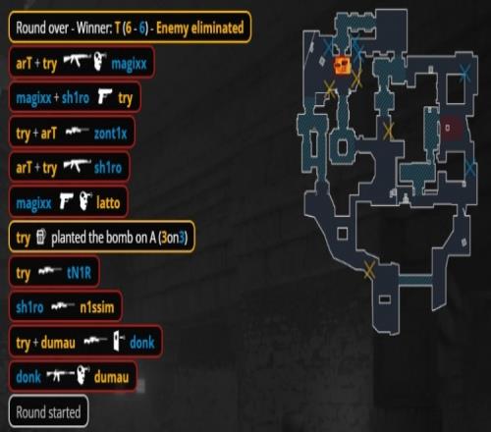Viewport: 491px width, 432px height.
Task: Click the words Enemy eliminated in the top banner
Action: [x=200, y=27]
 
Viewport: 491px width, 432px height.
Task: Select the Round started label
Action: [x=48, y=412]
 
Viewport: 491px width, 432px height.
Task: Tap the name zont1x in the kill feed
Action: [x=111, y=134]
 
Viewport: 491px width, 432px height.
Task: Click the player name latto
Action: [x=108, y=203]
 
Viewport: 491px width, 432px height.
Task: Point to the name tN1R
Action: [x=79, y=272]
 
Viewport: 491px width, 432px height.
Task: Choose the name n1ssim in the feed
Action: [x=97, y=307]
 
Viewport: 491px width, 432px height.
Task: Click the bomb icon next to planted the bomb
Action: [x=40, y=237]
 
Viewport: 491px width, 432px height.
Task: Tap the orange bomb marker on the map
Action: [x=343, y=65]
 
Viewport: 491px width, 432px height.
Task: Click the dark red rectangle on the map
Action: [x=452, y=128]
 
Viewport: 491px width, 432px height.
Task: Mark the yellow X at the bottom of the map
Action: [x=369, y=270]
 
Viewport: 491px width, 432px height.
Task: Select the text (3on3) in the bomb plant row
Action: [x=173, y=238]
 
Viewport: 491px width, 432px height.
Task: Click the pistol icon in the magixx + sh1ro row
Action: [x=105, y=96]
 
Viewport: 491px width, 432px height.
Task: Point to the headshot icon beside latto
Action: [x=85, y=201]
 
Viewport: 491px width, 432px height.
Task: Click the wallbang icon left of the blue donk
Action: [x=119, y=342]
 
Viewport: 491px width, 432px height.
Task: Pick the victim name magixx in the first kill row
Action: [x=129, y=64]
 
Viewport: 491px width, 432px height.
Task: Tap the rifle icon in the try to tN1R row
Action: [x=49, y=271]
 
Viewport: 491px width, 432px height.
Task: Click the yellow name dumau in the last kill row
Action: [x=111, y=377]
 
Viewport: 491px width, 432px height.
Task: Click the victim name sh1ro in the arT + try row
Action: [x=108, y=168]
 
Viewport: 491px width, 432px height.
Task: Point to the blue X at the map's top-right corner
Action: [x=465, y=74]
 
